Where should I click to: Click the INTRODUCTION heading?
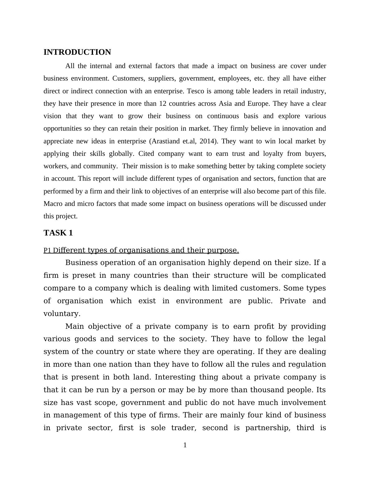point(77,52)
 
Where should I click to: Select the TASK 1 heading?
point(58,233)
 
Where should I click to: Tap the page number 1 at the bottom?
point(185,445)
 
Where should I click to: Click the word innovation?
point(297,128)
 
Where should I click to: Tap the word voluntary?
point(62,314)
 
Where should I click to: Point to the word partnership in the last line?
point(267,428)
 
